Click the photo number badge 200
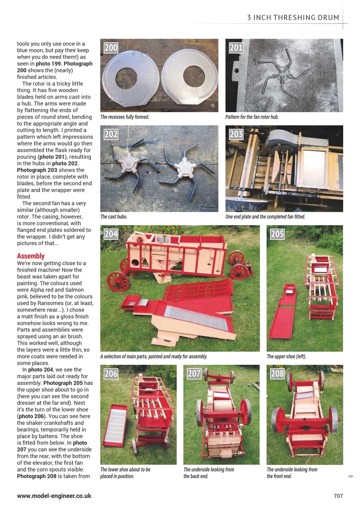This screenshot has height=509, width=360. pos(111,48)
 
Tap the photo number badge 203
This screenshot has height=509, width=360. pos(236,134)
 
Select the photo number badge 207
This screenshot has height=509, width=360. pos(194,374)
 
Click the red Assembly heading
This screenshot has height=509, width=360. pos(31,256)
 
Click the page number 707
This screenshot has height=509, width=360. pos(338,496)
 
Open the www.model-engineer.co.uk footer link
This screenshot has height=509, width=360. pos(54,496)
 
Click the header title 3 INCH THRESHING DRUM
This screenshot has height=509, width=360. pos(293,17)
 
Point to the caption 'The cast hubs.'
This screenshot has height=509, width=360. pos(114,217)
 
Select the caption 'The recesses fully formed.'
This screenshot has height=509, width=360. pos(125,117)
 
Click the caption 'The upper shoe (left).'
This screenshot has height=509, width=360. pos(286,357)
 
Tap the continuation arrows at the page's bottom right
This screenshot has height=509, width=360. pos(350,476)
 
